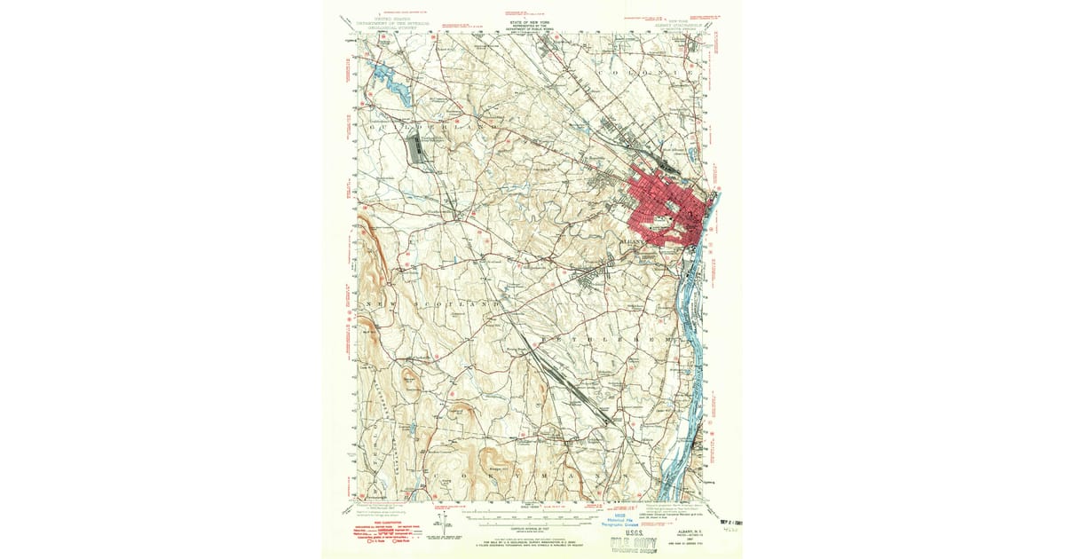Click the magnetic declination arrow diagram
441,521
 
